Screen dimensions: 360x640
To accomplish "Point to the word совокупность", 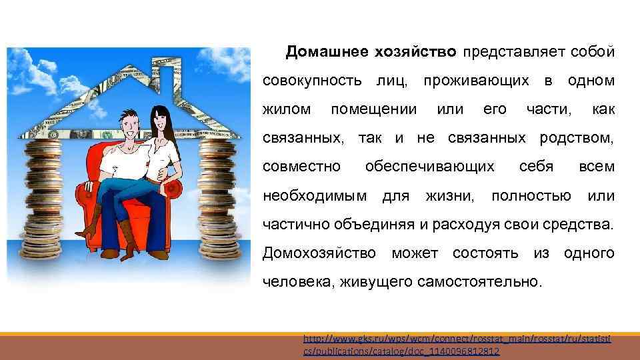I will point(313,80).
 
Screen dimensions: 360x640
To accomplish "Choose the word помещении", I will point(374,108).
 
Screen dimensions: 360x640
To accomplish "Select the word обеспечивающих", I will point(430,166).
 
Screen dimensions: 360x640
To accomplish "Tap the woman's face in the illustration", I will point(160,123).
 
